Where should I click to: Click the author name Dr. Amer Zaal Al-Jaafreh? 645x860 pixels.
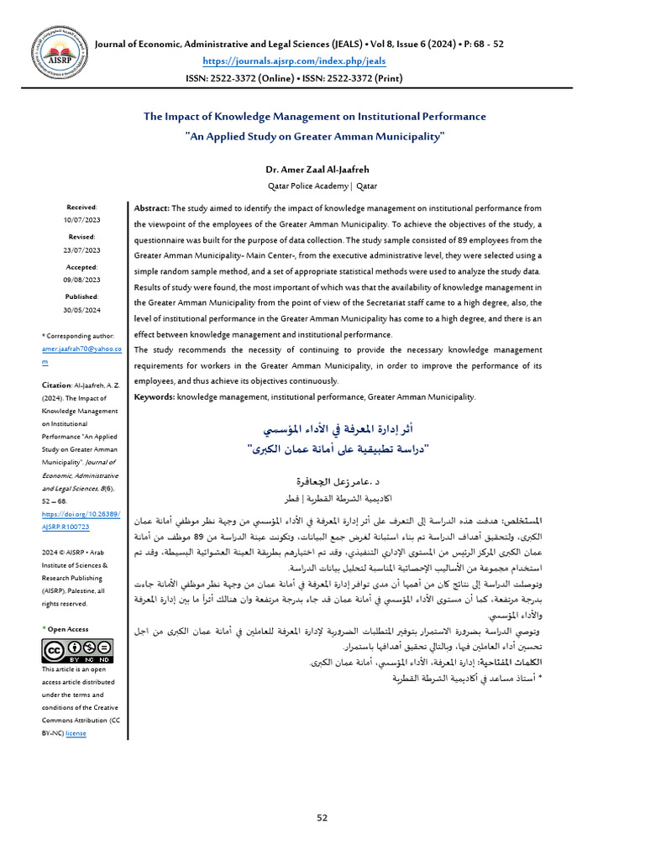tap(322, 169)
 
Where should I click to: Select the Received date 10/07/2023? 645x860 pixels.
tap(81, 219)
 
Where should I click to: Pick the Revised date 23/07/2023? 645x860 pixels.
tap(81, 249)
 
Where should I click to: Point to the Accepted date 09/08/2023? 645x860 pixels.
tap(81, 280)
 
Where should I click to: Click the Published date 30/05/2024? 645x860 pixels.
tap(81, 310)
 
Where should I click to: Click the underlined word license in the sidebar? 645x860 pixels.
tap(76, 733)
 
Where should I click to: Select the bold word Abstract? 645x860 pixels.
tap(152, 208)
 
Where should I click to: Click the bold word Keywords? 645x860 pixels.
tap(155, 396)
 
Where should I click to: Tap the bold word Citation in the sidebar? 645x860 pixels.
tap(56, 385)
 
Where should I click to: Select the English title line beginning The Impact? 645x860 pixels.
tap(314, 117)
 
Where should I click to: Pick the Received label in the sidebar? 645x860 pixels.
tap(81, 207)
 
